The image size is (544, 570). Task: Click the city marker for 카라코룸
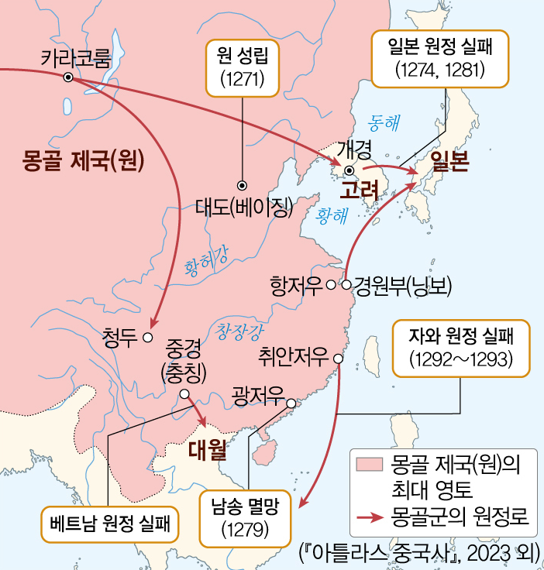[x=68, y=77]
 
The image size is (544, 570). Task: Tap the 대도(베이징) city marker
[x=242, y=185]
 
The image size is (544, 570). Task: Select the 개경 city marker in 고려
[x=349, y=170]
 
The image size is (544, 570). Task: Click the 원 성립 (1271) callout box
[x=243, y=69]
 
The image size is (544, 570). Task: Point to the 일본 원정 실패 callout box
[x=439, y=59]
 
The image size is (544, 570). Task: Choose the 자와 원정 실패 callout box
[x=462, y=348]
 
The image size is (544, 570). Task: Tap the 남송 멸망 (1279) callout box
[x=243, y=519]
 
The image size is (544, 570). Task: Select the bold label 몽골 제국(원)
[x=85, y=160]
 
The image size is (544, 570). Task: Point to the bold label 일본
[x=449, y=162]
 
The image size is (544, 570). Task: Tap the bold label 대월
[x=207, y=448]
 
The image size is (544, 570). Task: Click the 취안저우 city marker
[x=337, y=358]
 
